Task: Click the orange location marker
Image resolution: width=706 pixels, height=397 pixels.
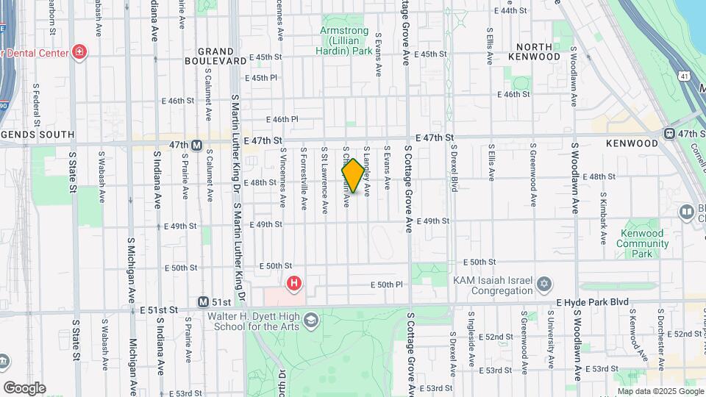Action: tap(353, 176)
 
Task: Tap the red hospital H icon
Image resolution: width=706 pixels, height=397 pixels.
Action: tap(294, 282)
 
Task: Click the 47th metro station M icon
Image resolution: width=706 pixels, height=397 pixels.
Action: tap(196, 145)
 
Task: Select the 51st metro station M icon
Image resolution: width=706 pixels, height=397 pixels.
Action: tap(204, 302)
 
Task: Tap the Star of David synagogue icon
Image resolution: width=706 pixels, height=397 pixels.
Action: tap(544, 283)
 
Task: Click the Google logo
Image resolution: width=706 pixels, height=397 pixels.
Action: tap(24, 387)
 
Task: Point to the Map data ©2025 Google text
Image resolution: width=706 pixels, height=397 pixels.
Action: tap(660, 392)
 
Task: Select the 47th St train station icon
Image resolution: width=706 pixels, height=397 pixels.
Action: tap(670, 133)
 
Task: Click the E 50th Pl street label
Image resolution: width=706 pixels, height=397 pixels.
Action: tap(388, 285)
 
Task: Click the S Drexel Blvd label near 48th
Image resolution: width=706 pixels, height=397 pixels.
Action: tap(454, 174)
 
